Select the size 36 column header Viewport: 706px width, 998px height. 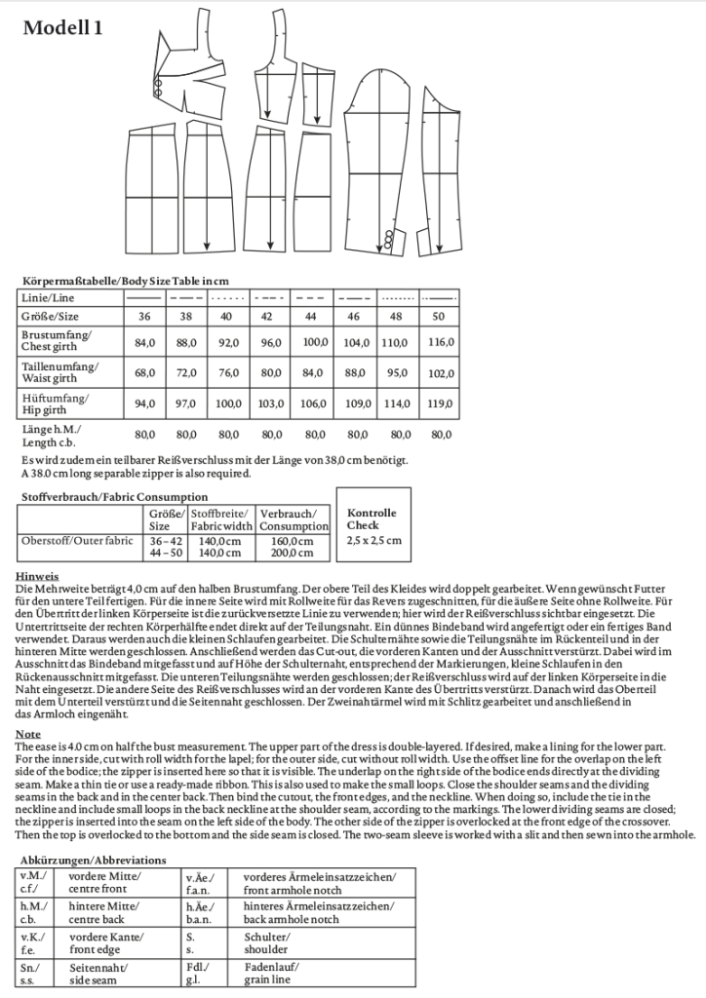point(144,317)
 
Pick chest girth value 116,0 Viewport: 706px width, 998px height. point(442,342)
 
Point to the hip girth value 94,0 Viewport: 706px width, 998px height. point(144,403)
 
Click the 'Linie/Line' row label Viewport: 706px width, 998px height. point(48,296)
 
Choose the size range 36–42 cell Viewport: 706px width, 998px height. point(165,541)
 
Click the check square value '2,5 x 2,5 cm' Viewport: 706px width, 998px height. point(373,541)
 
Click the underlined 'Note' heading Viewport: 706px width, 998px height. point(30,733)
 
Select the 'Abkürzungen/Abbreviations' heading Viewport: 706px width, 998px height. point(94,861)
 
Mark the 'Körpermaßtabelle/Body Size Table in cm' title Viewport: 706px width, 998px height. point(124,281)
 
